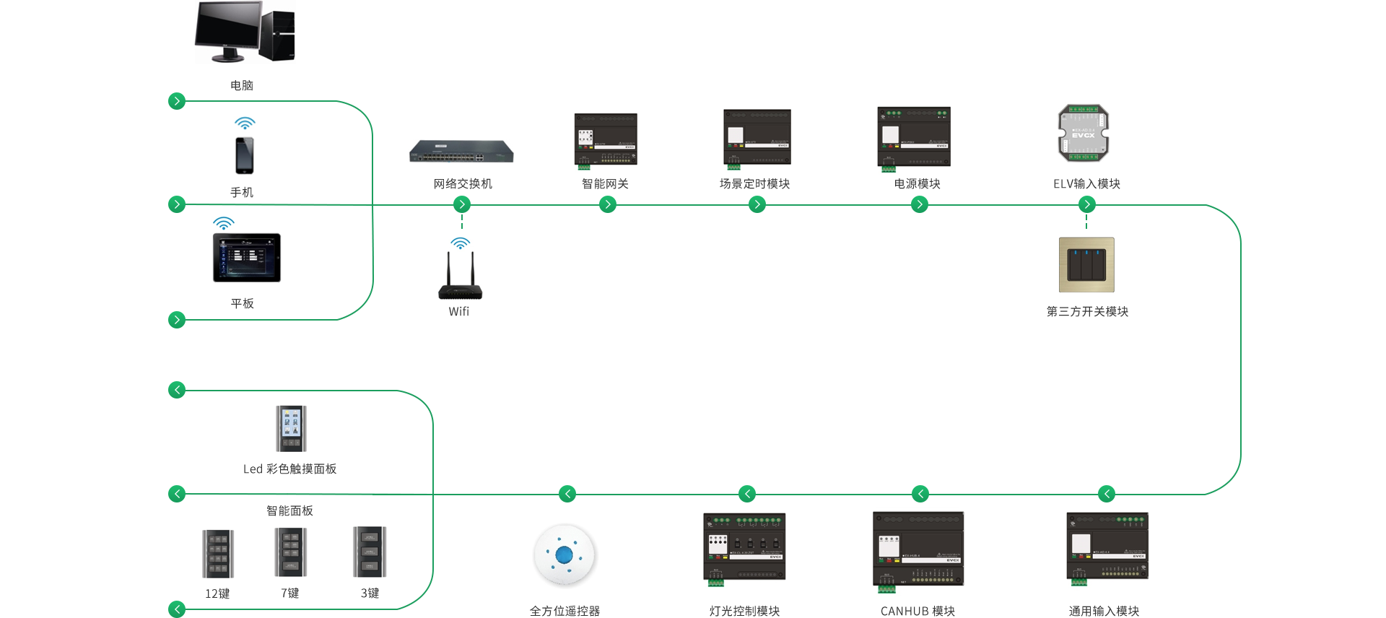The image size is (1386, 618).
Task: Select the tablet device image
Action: (x=248, y=256)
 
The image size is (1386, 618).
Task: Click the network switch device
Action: (x=461, y=152)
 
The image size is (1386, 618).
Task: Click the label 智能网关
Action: (x=605, y=184)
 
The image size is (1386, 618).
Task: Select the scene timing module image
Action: (x=757, y=139)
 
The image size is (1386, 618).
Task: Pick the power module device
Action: (x=913, y=138)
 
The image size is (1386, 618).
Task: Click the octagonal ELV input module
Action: (x=1083, y=133)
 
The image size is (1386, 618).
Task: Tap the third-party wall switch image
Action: (x=1086, y=264)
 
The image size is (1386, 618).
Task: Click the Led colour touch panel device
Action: (x=289, y=428)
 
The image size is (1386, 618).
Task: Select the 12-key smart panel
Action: (x=217, y=553)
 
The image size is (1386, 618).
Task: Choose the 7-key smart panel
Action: (x=289, y=552)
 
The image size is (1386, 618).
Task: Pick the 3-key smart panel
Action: (x=369, y=552)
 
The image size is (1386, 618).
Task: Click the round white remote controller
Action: (x=564, y=554)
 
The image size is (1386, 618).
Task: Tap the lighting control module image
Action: (x=744, y=547)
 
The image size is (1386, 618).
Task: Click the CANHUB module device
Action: (x=918, y=549)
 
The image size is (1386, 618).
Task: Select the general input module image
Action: (x=1107, y=546)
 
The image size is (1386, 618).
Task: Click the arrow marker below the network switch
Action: (x=462, y=204)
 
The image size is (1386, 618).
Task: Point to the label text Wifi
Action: (x=459, y=311)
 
